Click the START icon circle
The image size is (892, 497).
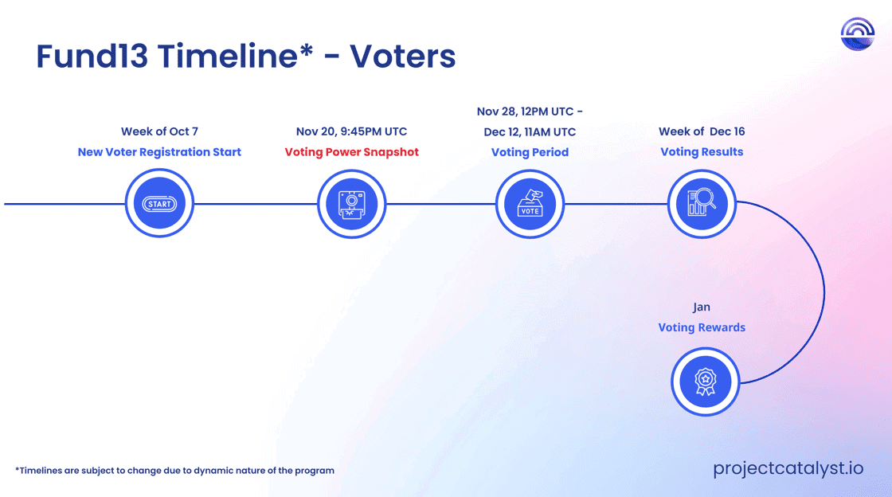coord(159,203)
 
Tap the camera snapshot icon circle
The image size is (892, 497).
coord(351,204)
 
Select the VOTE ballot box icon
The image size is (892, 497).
coord(530,204)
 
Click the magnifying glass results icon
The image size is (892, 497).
coord(702,204)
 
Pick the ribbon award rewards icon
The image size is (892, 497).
coord(705,381)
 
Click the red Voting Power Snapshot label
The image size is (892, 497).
coord(351,152)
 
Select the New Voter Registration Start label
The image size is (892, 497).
coord(159,152)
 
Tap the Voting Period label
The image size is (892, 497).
coord(530,152)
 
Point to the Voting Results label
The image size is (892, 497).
coord(702,152)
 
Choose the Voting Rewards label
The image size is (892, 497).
coord(702,327)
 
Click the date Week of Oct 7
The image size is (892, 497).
coord(159,131)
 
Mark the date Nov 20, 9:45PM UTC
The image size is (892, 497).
coord(351,131)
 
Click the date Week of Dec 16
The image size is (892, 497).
coord(702,131)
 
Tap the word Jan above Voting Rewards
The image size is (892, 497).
coord(702,307)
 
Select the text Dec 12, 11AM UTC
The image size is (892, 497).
coord(530,132)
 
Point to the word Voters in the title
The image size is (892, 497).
coord(402,56)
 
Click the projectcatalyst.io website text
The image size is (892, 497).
coord(788,468)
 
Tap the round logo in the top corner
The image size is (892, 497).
coord(857,34)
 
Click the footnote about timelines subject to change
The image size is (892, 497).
coord(174,470)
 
